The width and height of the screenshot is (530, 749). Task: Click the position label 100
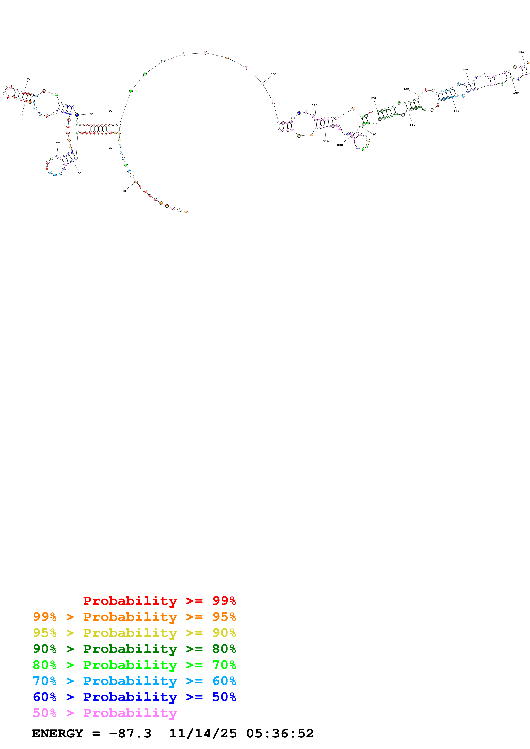pyautogui.click(x=274, y=74)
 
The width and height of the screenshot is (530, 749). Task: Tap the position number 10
pyautogui.click(x=124, y=191)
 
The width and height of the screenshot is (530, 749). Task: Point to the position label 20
pyautogui.click(x=111, y=148)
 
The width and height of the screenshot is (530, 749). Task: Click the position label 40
pyautogui.click(x=58, y=143)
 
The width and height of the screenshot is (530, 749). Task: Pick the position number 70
pyautogui.click(x=28, y=79)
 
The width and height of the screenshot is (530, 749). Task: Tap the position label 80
pyautogui.click(x=92, y=114)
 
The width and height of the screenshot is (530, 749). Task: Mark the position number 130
pyautogui.click(x=406, y=89)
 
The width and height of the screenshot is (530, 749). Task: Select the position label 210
pyautogui.click(x=326, y=142)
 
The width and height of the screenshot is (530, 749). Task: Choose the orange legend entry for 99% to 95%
pyautogui.click(x=134, y=617)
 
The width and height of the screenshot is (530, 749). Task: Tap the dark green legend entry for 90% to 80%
pyautogui.click(x=134, y=649)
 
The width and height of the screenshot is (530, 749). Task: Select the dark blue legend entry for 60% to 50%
pyautogui.click(x=134, y=697)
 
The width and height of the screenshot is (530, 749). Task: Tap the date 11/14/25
pyautogui.click(x=203, y=733)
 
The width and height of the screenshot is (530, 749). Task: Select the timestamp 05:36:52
pyautogui.click(x=280, y=733)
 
